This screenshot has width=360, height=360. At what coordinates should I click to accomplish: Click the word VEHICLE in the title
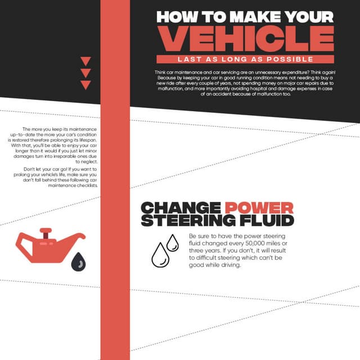(245, 39)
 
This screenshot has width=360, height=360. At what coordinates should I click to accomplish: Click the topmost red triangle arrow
(85, 61)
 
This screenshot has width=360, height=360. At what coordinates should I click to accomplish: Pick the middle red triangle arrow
(85, 73)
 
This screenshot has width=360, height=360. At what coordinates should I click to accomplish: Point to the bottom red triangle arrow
(85, 85)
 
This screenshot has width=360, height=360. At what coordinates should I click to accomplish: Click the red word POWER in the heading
(259, 208)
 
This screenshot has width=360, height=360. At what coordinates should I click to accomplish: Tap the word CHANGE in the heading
(181, 208)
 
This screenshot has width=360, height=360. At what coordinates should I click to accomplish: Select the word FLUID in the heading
(267, 220)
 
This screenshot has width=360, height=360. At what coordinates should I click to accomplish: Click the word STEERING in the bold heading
(188, 220)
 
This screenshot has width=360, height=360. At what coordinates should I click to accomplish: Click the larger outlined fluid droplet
(160, 255)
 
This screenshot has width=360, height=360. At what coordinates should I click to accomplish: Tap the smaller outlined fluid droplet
(173, 242)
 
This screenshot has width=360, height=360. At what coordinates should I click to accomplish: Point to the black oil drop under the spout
(79, 262)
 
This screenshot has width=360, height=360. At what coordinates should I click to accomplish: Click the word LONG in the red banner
(235, 60)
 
